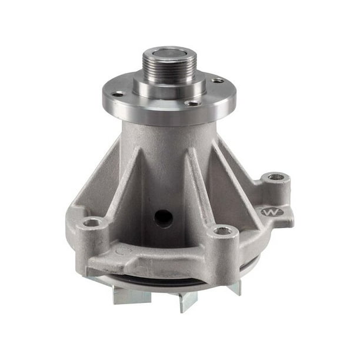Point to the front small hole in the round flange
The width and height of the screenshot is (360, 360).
191,104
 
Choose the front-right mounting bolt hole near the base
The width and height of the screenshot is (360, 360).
223,231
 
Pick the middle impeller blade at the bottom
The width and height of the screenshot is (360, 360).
188,301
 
